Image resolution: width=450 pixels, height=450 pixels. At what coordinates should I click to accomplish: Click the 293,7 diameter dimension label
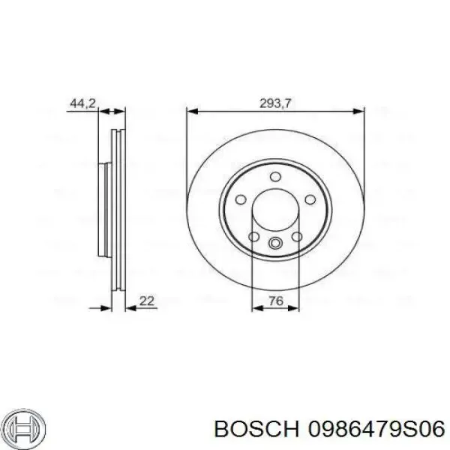click(x=276, y=104)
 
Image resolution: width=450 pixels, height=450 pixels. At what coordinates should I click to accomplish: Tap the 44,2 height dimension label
click(x=81, y=104)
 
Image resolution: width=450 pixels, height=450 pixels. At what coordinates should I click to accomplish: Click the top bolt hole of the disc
click(x=275, y=175)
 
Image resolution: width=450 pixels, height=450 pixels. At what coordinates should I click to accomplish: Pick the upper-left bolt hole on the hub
click(x=242, y=199)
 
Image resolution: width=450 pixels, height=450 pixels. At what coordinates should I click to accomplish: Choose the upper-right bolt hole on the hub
click(x=308, y=199)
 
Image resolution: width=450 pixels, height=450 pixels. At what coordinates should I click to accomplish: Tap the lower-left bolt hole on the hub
click(x=254, y=238)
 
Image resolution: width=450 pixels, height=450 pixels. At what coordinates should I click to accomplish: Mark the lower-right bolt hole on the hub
click(x=296, y=238)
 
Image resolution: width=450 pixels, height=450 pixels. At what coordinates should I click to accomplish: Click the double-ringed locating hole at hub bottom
click(x=275, y=242)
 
